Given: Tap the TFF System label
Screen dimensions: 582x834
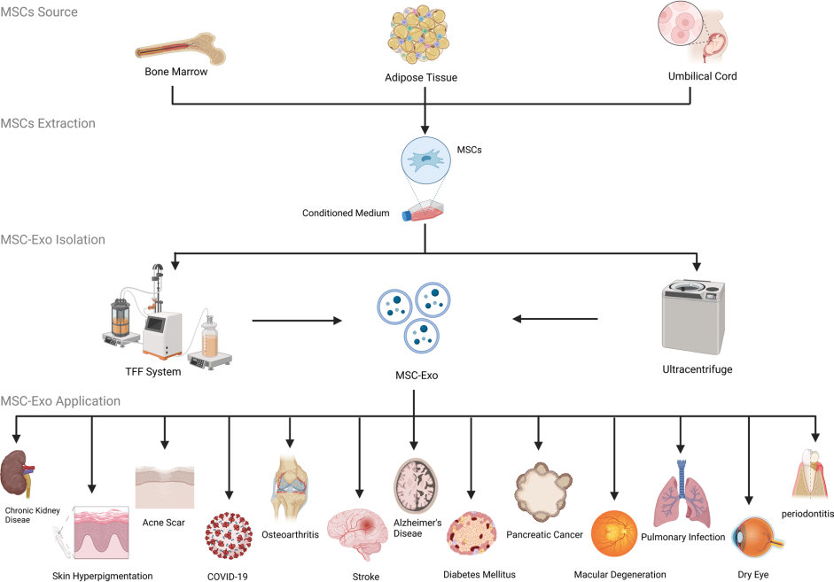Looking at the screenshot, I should [x=152, y=372].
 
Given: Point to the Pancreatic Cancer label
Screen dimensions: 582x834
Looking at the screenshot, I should [x=544, y=535].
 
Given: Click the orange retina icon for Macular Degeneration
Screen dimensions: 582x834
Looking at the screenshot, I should [x=612, y=534].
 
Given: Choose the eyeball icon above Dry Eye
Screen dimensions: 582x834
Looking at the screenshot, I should [x=750, y=535].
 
